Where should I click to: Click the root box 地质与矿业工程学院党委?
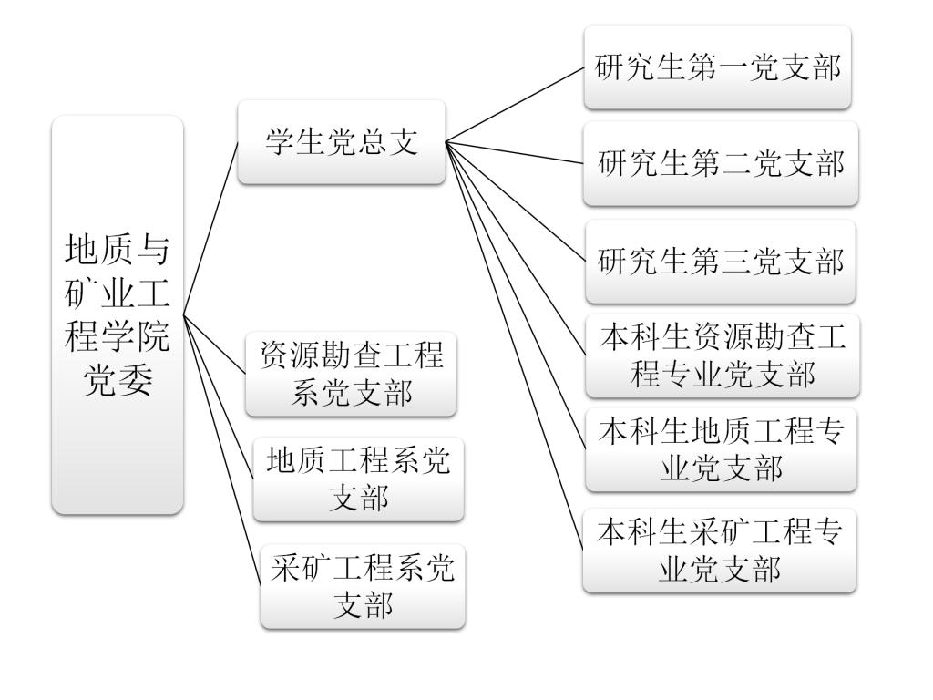coord(118,314)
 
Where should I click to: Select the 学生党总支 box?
coord(342,142)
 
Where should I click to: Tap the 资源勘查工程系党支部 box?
coord(352,374)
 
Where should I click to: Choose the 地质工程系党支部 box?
coord(358,479)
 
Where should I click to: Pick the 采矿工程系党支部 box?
coord(363,586)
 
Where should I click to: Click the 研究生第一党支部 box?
coord(718,67)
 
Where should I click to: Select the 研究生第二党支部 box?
coord(721,164)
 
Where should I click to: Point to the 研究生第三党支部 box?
coord(721,262)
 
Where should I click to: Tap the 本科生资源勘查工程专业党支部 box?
coord(723,355)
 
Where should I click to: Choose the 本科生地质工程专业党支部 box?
coord(721,449)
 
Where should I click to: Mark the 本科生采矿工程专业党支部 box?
coord(720,551)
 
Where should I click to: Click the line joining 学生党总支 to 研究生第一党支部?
coord(515,105)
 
